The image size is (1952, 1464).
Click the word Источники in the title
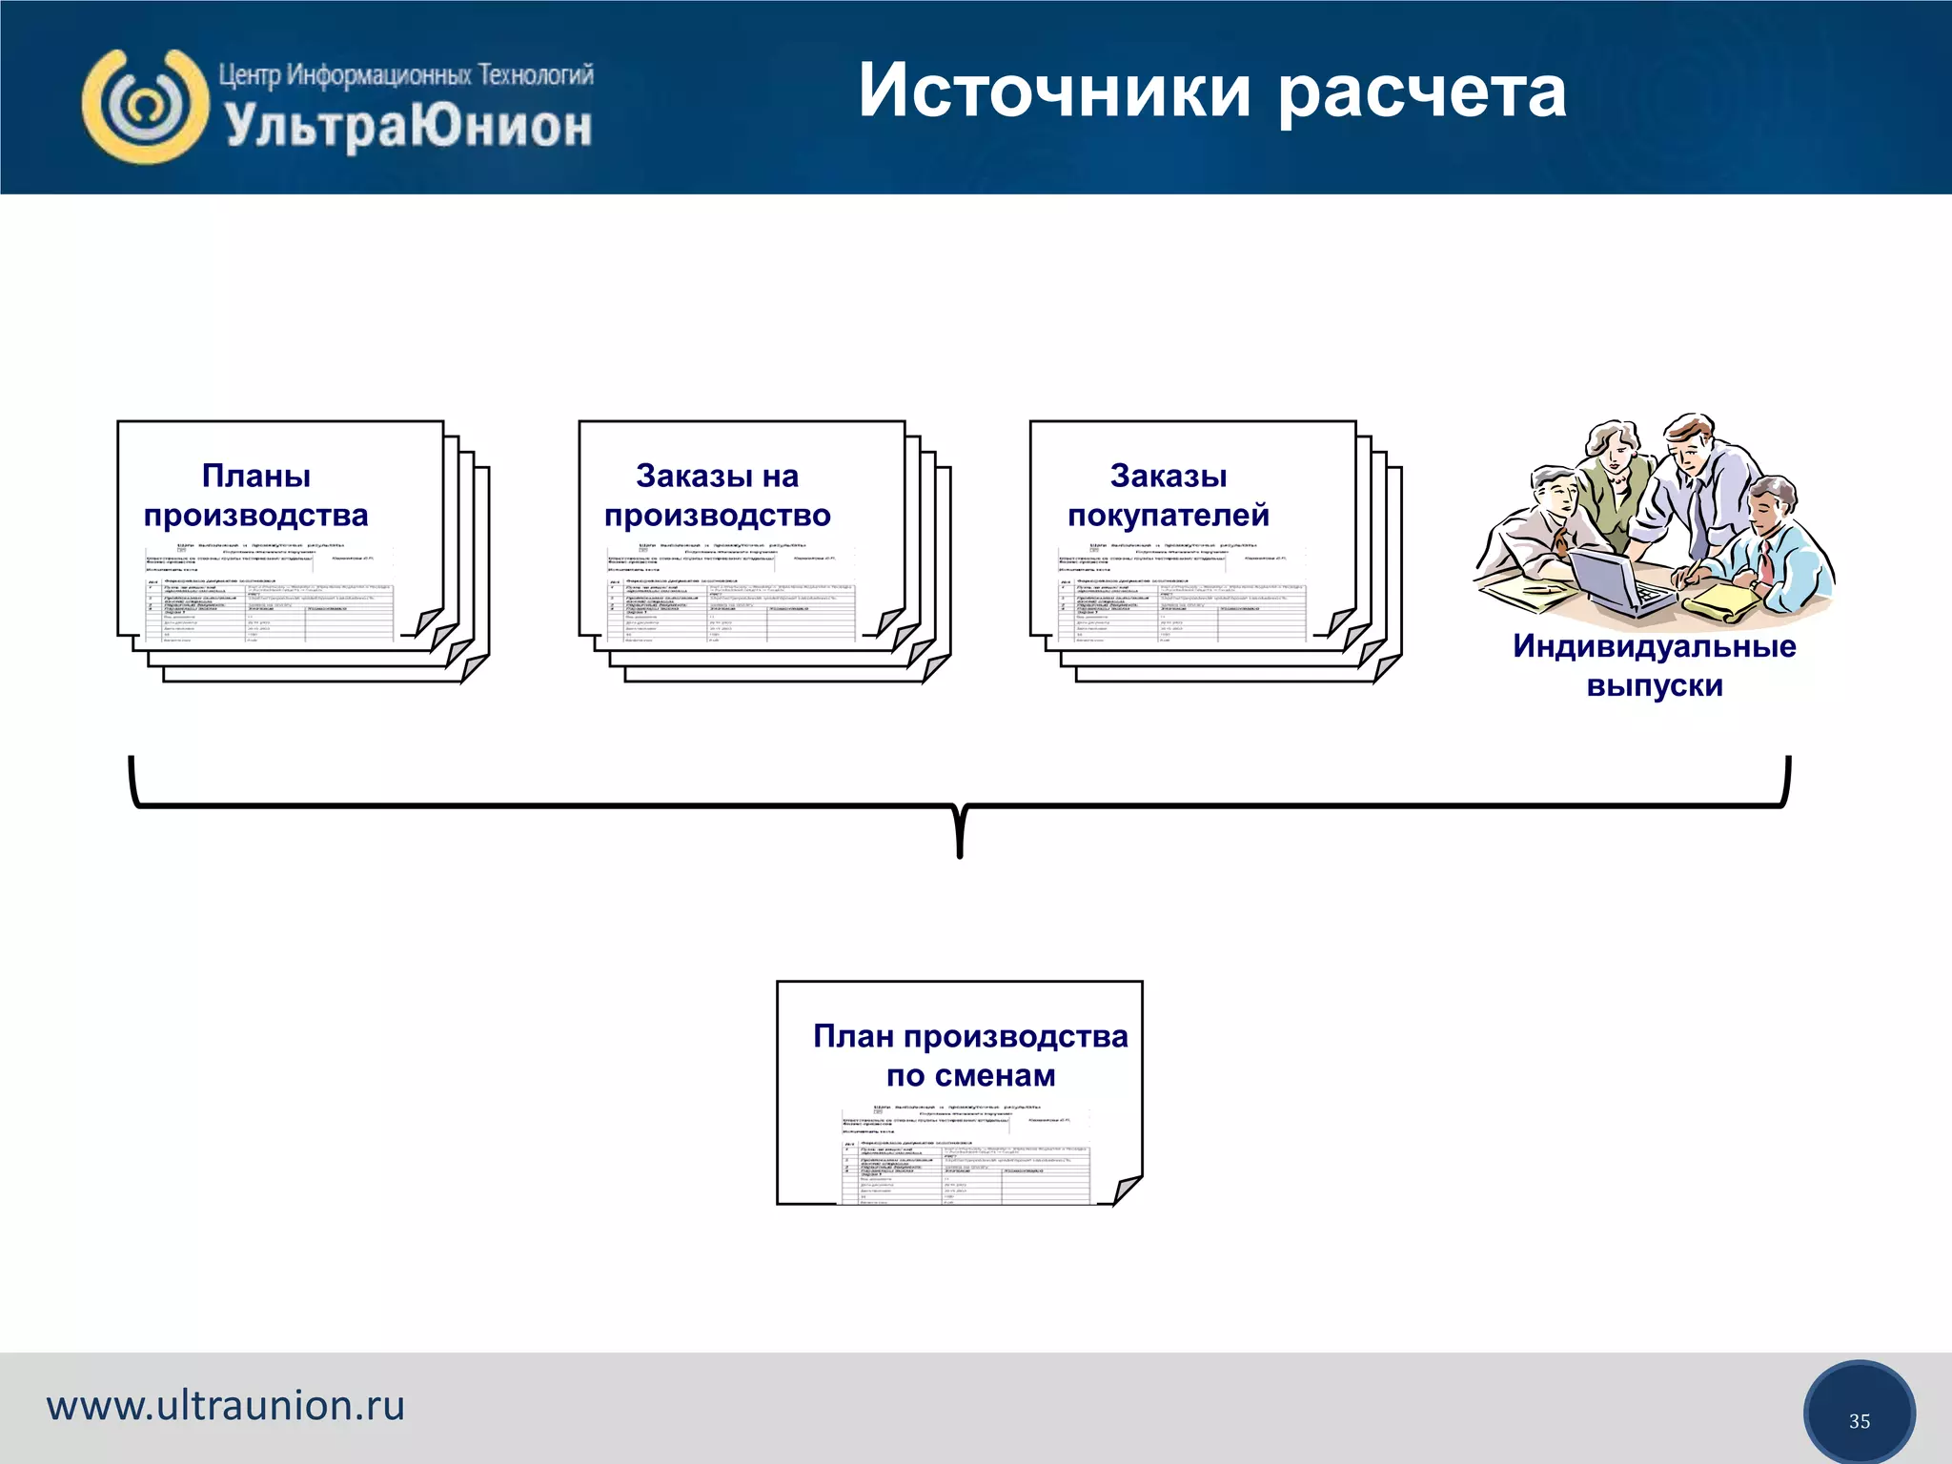1054,91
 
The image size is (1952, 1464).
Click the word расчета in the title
1422,93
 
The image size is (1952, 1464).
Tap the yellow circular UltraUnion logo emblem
145,107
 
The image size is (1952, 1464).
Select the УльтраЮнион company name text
408,127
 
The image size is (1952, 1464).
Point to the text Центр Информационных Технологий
406,74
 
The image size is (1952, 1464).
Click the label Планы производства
255,495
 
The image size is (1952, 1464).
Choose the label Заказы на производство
717,495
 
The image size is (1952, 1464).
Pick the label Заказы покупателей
1168,495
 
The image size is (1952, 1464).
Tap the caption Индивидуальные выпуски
1654,665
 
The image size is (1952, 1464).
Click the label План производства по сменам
970,1055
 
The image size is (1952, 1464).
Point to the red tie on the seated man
1765,564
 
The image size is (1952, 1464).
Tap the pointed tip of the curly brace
959,852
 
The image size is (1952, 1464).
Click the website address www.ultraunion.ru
226,1406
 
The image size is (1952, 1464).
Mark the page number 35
1859,1421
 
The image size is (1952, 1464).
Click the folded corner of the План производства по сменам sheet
1127,1189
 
